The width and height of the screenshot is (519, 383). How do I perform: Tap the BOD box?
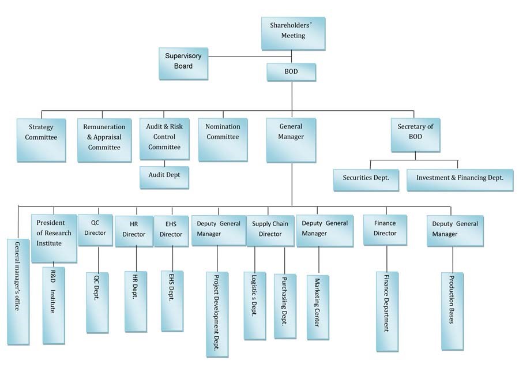pos(291,72)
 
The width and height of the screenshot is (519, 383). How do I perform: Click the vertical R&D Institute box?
pos(52,306)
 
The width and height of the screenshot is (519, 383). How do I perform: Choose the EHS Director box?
pos(171,230)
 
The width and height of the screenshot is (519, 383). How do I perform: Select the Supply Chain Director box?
pos(270,230)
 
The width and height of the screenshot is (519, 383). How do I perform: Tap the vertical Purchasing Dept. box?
pos(284,306)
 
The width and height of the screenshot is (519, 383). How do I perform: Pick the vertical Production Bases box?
pos(452,311)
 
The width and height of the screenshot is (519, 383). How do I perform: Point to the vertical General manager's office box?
pos(17,291)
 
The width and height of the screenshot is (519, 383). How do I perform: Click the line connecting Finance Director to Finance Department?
pos(386,258)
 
